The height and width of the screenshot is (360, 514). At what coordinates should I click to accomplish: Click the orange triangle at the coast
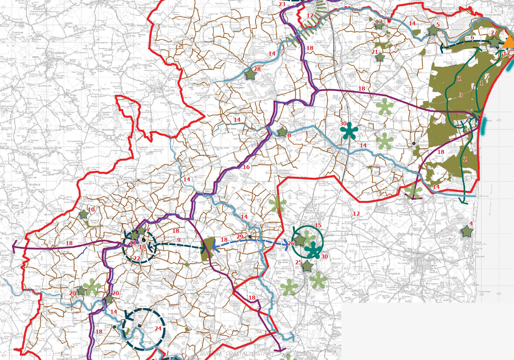point(510,42)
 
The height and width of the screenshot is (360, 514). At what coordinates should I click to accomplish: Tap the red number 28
point(257,69)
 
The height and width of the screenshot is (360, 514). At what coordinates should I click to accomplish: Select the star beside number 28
point(250,74)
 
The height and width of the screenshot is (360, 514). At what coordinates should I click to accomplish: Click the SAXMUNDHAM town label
point(335,241)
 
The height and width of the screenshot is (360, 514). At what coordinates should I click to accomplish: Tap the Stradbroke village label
point(58,53)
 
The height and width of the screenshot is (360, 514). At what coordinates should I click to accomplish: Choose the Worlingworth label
point(43,148)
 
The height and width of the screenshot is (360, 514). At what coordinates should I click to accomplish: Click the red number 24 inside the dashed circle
point(158,328)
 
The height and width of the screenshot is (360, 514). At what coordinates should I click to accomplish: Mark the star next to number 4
point(467,231)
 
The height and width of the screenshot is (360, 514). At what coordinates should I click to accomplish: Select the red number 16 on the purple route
point(246,167)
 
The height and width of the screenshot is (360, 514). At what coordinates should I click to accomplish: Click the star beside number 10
point(84,215)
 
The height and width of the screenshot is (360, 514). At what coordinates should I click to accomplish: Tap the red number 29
point(240,237)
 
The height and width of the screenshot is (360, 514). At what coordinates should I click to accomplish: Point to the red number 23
point(282,4)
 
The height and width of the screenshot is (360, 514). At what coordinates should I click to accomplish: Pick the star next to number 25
point(307,266)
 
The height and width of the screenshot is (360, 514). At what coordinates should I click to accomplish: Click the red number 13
point(378,22)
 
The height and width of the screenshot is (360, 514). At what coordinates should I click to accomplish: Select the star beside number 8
point(282,132)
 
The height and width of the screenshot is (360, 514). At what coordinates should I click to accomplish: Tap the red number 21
point(375,52)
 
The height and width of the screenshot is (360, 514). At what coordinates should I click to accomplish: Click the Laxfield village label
point(170,91)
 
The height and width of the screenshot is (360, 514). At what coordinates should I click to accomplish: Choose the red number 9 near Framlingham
point(179,240)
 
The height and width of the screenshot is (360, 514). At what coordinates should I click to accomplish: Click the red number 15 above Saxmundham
point(318,225)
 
